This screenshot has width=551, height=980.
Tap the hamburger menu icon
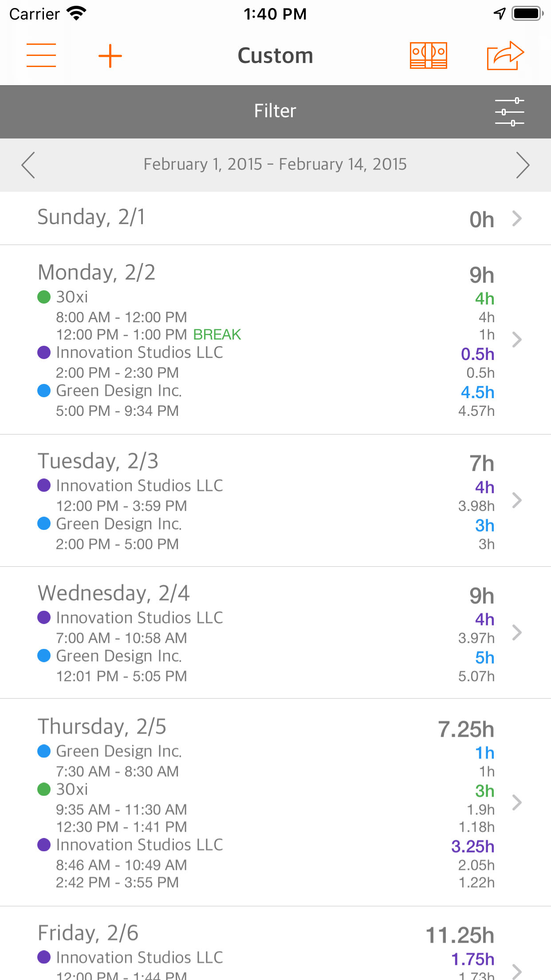point(41,55)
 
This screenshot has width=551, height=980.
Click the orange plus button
point(110,56)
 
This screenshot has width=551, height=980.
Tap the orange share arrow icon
point(505,55)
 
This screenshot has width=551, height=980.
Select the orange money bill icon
point(428,55)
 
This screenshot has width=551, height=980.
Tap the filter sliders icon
point(509,111)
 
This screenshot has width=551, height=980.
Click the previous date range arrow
point(28,165)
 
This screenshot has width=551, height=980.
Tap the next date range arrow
point(523,165)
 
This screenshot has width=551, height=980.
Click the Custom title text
point(275,56)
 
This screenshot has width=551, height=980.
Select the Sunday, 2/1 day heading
point(91,217)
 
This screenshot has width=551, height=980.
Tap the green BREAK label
point(217,335)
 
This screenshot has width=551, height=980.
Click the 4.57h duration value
point(476,411)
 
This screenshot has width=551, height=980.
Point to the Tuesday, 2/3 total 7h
point(482,463)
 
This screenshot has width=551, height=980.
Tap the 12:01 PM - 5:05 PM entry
point(122,676)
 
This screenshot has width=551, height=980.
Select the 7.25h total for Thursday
point(466,729)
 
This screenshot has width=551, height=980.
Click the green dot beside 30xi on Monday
point(44,297)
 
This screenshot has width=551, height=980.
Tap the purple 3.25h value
point(472,846)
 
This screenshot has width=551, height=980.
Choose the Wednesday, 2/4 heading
point(114,593)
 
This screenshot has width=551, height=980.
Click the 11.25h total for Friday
point(460,935)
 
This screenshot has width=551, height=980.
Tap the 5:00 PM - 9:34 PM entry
point(117,411)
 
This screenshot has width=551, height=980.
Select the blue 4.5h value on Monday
point(477,392)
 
